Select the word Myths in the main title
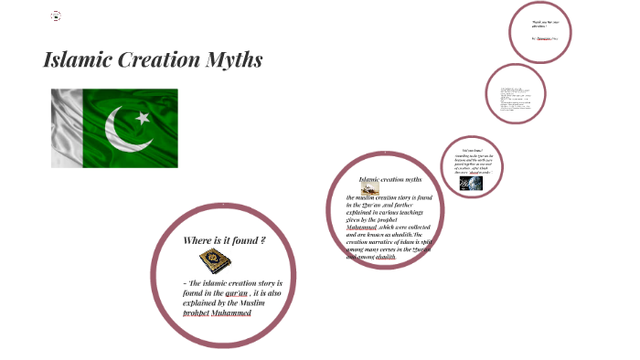(238, 61)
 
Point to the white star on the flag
(142, 118)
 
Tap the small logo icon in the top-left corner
(55, 16)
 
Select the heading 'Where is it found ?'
(224, 240)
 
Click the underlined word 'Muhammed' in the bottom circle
(231, 313)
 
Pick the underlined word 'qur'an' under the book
(236, 293)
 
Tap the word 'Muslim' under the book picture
(266, 303)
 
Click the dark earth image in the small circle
(471, 183)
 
